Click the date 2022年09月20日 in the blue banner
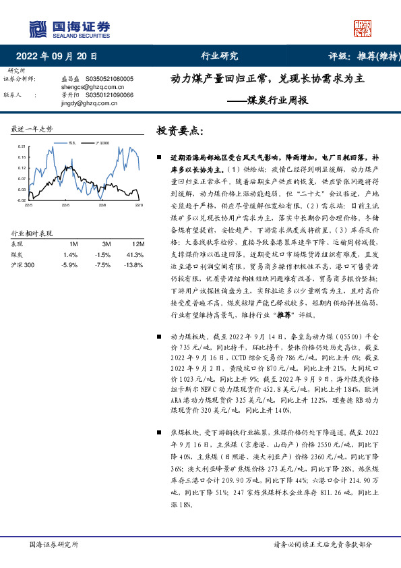coord(56,56)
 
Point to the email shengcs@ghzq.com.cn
coord(84,87)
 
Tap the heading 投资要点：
coord(179,130)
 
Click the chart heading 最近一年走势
coord(32,128)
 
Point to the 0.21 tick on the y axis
coord(22,146)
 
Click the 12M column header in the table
coord(138,244)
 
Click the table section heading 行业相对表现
coord(32,233)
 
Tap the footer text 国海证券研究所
coord(54,544)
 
